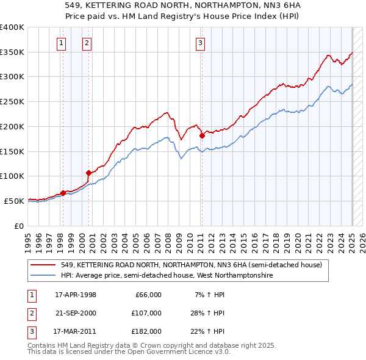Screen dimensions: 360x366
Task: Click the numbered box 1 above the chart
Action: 62,43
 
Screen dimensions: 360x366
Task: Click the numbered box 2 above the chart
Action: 87,43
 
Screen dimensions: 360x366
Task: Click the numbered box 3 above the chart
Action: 200,43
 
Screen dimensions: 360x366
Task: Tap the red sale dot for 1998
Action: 63,193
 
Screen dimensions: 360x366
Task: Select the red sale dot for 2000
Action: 89,172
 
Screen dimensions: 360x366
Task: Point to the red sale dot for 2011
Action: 202,135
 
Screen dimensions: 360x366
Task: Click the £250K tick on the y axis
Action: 12,101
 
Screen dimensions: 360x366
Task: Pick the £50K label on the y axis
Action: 14,201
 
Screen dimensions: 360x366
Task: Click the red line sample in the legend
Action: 44,265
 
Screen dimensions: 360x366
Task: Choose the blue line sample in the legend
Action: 44,275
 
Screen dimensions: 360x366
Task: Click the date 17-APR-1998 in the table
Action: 76,295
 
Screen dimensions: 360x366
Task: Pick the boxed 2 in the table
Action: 30,312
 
